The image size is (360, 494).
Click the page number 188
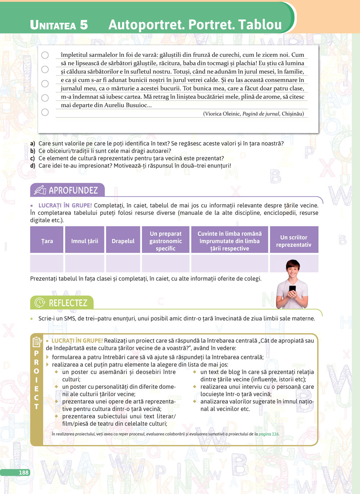coord(23,472)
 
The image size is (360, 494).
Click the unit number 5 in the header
coord(84,25)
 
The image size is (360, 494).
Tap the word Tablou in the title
coord(260,24)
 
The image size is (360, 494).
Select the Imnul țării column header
coord(85,241)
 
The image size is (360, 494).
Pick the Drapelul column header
coord(123,241)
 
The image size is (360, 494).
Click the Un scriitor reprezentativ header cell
coord(294,241)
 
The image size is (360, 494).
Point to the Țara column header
coord(47,241)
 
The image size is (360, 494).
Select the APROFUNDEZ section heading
coord(73,190)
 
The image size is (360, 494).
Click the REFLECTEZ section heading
coord(68,303)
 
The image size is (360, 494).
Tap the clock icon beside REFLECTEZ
coord(40,303)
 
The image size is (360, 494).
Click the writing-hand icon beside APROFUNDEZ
coord(40,190)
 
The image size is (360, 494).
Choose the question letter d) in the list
coord(33,166)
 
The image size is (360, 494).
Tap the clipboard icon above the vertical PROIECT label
coord(37,341)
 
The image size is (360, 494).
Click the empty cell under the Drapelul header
coord(123,263)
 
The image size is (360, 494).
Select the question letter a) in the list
coord(33,144)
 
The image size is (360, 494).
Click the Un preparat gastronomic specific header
coord(166,241)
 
